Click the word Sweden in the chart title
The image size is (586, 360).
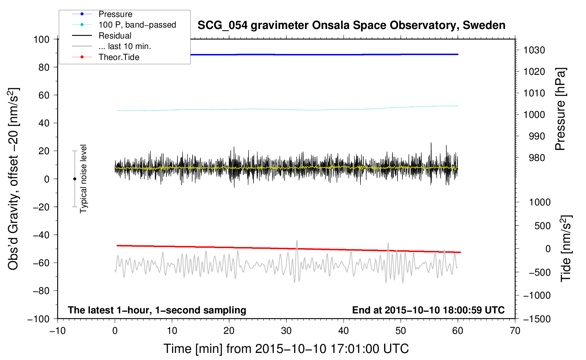pyautogui.click(x=484, y=25)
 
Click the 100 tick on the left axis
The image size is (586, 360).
pyautogui.click(x=41, y=40)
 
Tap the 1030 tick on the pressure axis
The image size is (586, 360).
pyautogui.click(x=534, y=50)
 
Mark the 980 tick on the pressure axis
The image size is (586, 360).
pyautogui.click(x=537, y=158)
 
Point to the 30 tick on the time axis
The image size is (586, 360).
pyautogui.click(x=286, y=331)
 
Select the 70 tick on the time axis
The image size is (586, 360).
pyautogui.click(x=515, y=331)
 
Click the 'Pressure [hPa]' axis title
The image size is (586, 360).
pyautogui.click(x=560, y=109)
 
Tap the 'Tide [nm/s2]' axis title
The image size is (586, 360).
pyautogui.click(x=566, y=248)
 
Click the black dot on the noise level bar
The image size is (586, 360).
pyautogui.click(x=74, y=179)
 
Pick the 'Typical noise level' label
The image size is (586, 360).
pyautogui.click(x=83, y=179)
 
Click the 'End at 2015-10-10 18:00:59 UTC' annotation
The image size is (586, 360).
pyautogui.click(x=428, y=310)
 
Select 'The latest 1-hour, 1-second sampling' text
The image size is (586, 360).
pyautogui.click(x=157, y=310)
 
